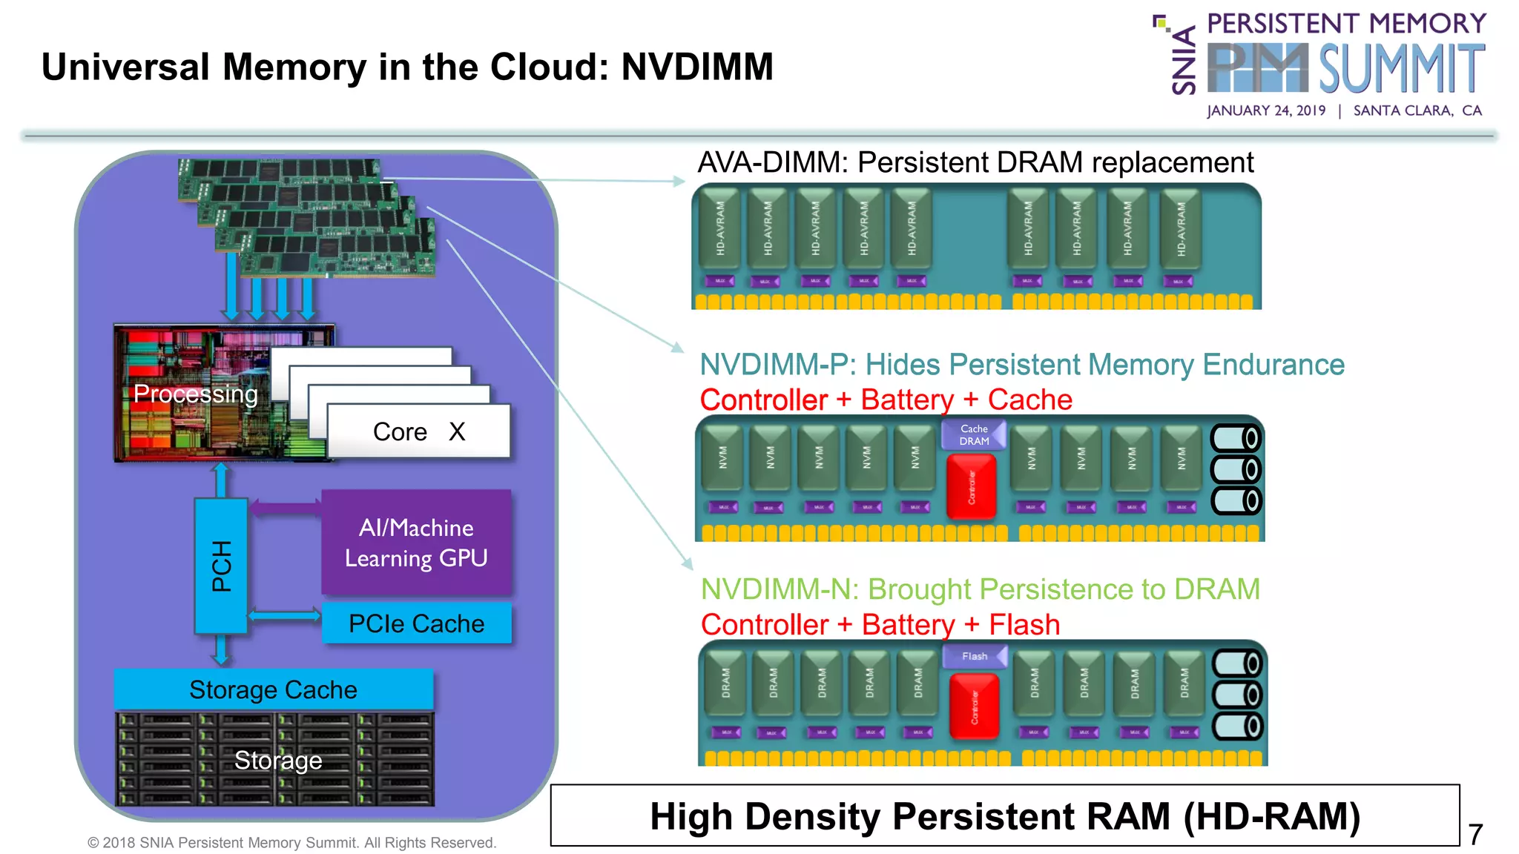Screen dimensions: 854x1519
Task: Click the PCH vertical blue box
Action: pyautogui.click(x=221, y=566)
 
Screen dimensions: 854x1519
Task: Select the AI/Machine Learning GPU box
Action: pyautogui.click(x=416, y=543)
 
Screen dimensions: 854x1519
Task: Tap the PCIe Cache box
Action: pyautogui.click(x=416, y=623)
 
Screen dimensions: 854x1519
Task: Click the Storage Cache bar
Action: pyautogui.click(x=273, y=689)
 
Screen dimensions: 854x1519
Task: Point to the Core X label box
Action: pyautogui.click(x=418, y=431)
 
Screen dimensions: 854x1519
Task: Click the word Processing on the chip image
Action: pyautogui.click(x=196, y=394)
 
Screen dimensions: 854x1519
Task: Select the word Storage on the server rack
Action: pyautogui.click(x=278, y=760)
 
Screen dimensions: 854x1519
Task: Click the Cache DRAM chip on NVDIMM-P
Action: pyautogui.click(x=974, y=435)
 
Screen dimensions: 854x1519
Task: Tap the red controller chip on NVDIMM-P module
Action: pyautogui.click(x=971, y=486)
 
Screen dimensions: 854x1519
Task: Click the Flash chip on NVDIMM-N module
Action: pyautogui.click(x=975, y=656)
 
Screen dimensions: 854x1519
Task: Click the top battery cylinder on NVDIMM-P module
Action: pyautogui.click(x=1236, y=438)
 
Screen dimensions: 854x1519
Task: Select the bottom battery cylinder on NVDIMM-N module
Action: pyautogui.click(x=1237, y=726)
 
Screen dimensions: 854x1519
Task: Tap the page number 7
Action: pyautogui.click(x=1475, y=834)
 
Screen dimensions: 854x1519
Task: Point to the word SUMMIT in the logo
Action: pyautogui.click(x=1401, y=68)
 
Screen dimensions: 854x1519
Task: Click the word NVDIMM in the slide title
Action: pyautogui.click(x=697, y=67)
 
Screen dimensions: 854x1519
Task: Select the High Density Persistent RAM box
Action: pyautogui.click(x=1004, y=815)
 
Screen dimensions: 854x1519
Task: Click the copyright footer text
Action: pyautogui.click(x=292, y=842)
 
